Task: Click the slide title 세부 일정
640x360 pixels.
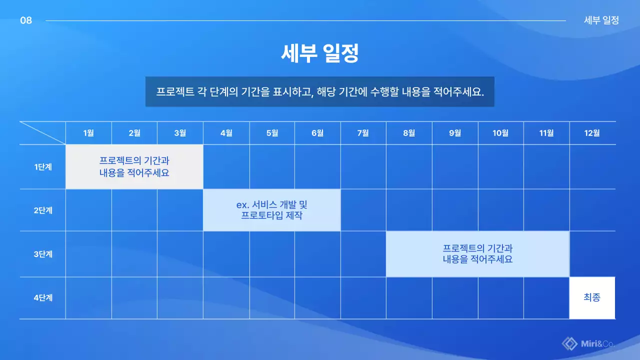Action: click(x=320, y=53)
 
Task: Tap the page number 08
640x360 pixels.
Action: click(x=26, y=20)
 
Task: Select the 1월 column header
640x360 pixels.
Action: click(x=88, y=133)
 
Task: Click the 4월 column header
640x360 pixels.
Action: click(x=226, y=133)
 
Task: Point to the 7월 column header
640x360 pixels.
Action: click(x=363, y=133)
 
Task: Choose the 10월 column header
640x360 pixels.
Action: click(x=500, y=133)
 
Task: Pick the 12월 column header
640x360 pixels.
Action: click(x=592, y=133)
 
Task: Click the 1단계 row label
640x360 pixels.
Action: click(x=42, y=167)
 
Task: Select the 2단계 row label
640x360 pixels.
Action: click(x=42, y=210)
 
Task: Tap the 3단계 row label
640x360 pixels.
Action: click(x=42, y=254)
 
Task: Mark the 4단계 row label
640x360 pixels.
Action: click(x=42, y=298)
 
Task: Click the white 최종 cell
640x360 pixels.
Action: click(x=592, y=298)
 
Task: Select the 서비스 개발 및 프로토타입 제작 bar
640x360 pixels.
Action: click(x=271, y=210)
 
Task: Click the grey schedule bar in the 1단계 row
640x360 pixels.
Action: click(x=134, y=167)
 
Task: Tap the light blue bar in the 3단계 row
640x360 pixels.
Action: click(x=477, y=254)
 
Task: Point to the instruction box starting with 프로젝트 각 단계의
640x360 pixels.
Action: click(x=320, y=92)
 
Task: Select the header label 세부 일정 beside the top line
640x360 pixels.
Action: click(x=601, y=20)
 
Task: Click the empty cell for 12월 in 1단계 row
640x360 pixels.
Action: click(x=592, y=167)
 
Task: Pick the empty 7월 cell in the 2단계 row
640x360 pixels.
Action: click(x=363, y=210)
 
